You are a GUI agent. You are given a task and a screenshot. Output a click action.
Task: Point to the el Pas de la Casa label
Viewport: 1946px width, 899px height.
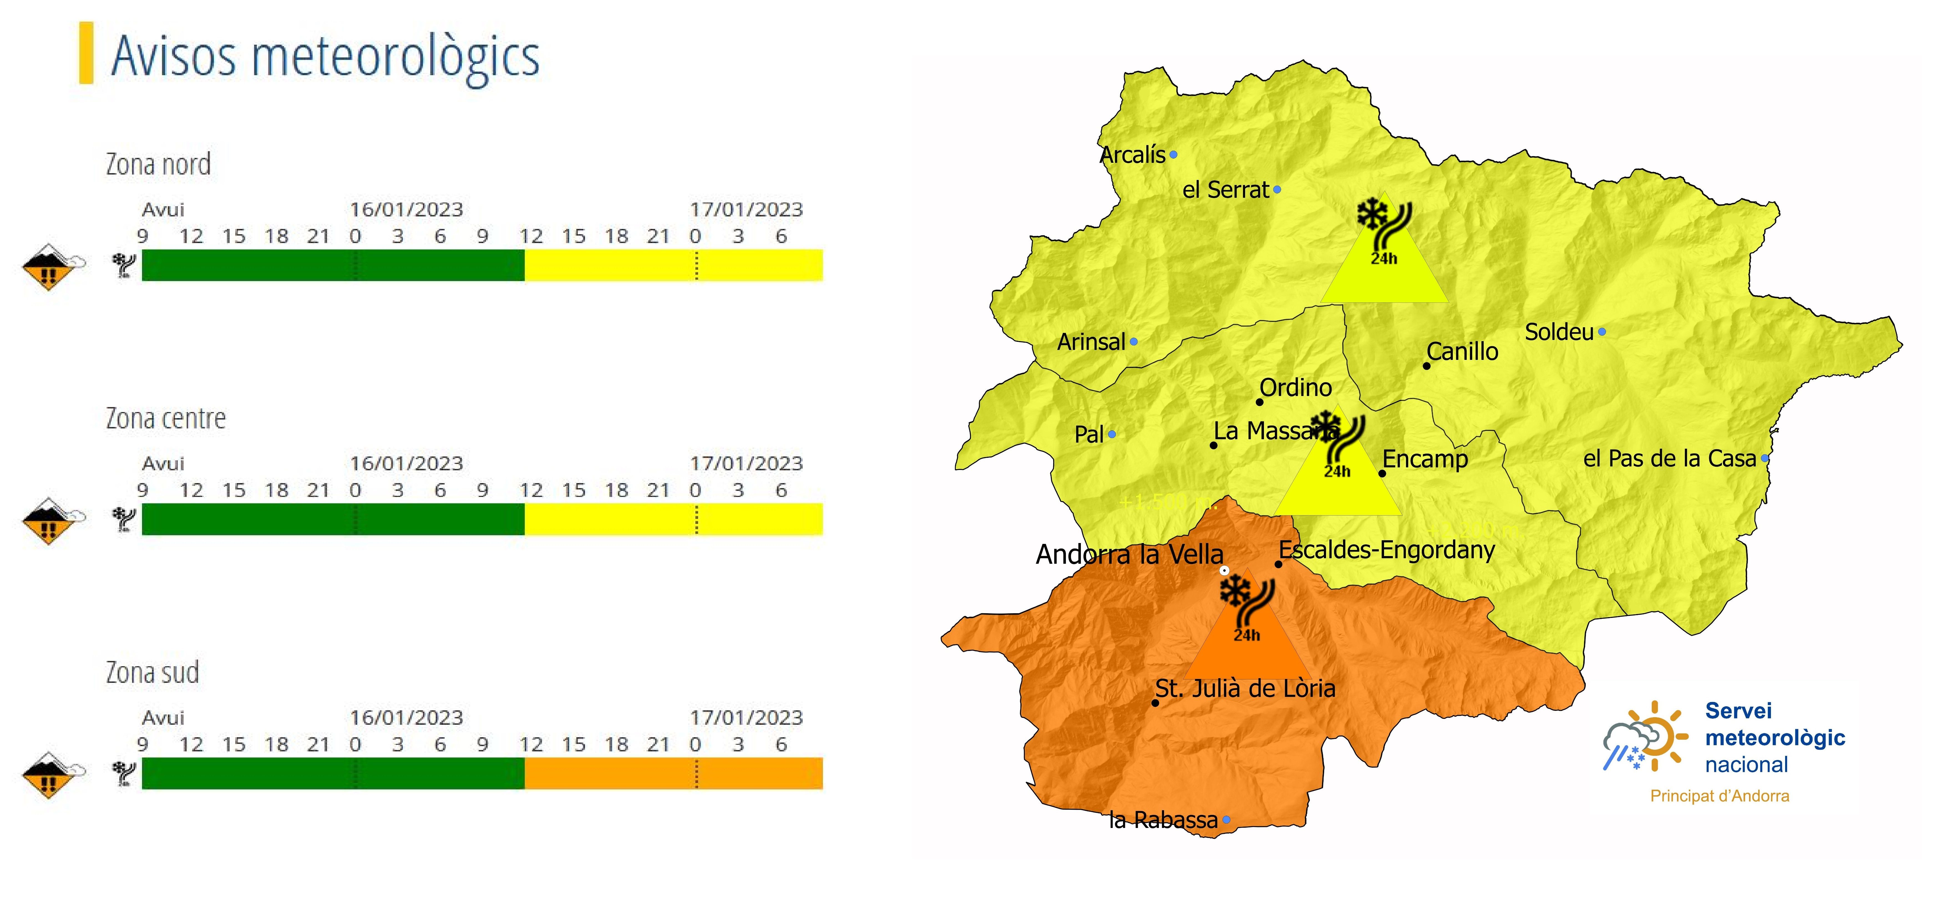(x=1669, y=459)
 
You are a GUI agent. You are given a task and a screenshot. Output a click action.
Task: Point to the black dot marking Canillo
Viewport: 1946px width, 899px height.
(x=1426, y=366)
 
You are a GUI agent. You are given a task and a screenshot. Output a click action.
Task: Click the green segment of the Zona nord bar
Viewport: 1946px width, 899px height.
(x=332, y=265)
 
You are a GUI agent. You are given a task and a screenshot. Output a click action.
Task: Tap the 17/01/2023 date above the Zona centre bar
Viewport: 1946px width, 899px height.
(x=746, y=463)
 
